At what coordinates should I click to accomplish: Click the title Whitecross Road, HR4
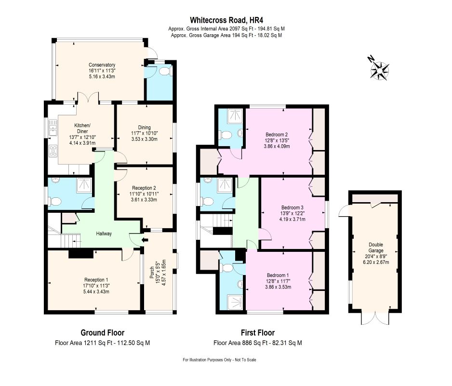pyautogui.click(x=226, y=20)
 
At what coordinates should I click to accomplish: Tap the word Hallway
pyautogui.click(x=104, y=234)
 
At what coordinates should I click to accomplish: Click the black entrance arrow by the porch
pyautogui.click(x=145, y=239)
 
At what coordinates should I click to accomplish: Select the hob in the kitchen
pyautogui.click(x=53, y=151)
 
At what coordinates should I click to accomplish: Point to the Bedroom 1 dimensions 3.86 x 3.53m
pyautogui.click(x=278, y=287)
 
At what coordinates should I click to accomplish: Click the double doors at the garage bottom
pyautogui.click(x=375, y=317)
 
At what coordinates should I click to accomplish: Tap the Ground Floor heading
pyautogui.click(x=102, y=332)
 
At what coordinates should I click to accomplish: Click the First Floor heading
pyautogui.click(x=258, y=332)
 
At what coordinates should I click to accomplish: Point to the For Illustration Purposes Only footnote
pyautogui.click(x=219, y=360)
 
